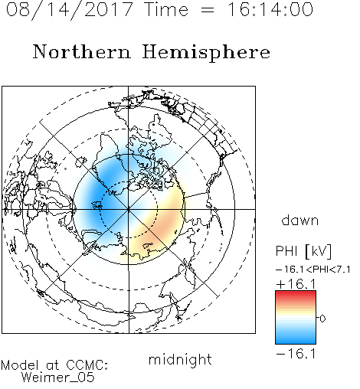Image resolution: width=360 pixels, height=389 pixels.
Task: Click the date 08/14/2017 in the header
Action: (x=69, y=9)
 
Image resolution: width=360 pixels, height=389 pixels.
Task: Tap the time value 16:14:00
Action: (x=270, y=9)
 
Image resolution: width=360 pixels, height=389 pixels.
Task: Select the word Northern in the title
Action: (x=82, y=51)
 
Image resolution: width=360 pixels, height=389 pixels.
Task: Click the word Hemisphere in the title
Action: (x=206, y=52)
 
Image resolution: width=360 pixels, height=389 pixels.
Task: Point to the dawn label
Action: (x=300, y=220)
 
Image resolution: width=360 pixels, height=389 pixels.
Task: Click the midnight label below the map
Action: (x=180, y=359)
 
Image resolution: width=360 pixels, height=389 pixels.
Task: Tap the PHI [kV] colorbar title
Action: (x=303, y=251)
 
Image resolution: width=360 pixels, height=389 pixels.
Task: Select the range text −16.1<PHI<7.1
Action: (x=313, y=270)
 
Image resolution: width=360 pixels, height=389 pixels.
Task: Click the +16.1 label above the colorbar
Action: (x=296, y=284)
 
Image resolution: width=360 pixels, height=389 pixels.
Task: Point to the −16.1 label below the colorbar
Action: (x=296, y=354)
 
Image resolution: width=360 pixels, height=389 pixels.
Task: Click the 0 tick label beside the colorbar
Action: (x=322, y=319)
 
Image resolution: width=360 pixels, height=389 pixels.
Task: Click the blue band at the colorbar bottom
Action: (x=296, y=339)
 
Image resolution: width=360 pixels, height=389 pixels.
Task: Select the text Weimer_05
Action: (x=58, y=378)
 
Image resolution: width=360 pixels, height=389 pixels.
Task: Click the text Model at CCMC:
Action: (x=54, y=365)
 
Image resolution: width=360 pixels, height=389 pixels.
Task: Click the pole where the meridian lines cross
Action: (x=129, y=209)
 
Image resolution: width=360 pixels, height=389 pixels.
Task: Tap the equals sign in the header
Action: (x=208, y=10)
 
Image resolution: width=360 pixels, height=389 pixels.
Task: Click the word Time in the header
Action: (x=166, y=9)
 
